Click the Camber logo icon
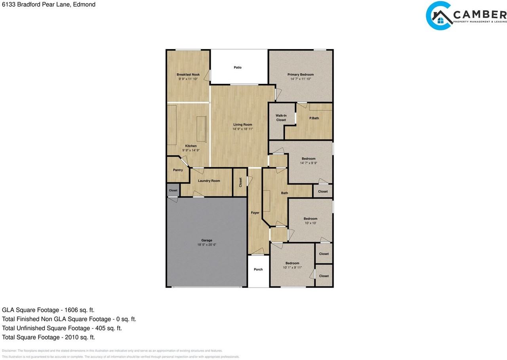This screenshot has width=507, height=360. (x=439, y=16)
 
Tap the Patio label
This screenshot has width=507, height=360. (x=238, y=67)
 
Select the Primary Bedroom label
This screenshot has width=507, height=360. (x=300, y=74)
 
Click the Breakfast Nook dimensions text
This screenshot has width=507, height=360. (x=188, y=79)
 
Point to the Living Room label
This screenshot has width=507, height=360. (x=242, y=124)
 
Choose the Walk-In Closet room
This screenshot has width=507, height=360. (x=281, y=120)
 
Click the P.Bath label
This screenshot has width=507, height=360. (x=314, y=118)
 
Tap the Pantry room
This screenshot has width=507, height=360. (x=178, y=170)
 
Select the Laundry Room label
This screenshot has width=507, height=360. (x=209, y=181)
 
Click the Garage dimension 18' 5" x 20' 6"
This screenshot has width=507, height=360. (x=207, y=245)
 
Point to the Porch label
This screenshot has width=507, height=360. (x=258, y=269)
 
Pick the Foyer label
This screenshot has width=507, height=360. (x=255, y=213)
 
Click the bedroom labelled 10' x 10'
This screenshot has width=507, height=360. (x=310, y=221)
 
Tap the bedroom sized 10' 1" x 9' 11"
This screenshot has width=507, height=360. (x=292, y=265)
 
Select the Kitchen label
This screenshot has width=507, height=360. (x=191, y=146)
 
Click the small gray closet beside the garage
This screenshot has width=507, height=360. (x=173, y=190)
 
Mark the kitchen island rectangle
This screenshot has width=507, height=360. (x=202, y=129)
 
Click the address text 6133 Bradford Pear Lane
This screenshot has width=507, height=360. (x=48, y=5)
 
